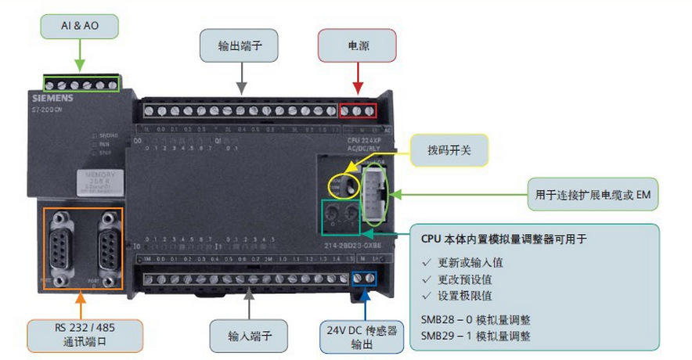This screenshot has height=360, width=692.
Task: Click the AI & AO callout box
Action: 79,26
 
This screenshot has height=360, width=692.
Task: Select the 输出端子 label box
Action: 240,46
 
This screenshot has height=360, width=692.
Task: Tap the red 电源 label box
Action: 358,46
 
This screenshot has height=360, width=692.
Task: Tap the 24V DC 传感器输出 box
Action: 362,336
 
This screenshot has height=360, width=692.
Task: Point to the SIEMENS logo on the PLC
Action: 52,98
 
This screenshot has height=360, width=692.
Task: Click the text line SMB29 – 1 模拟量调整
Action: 475,336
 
